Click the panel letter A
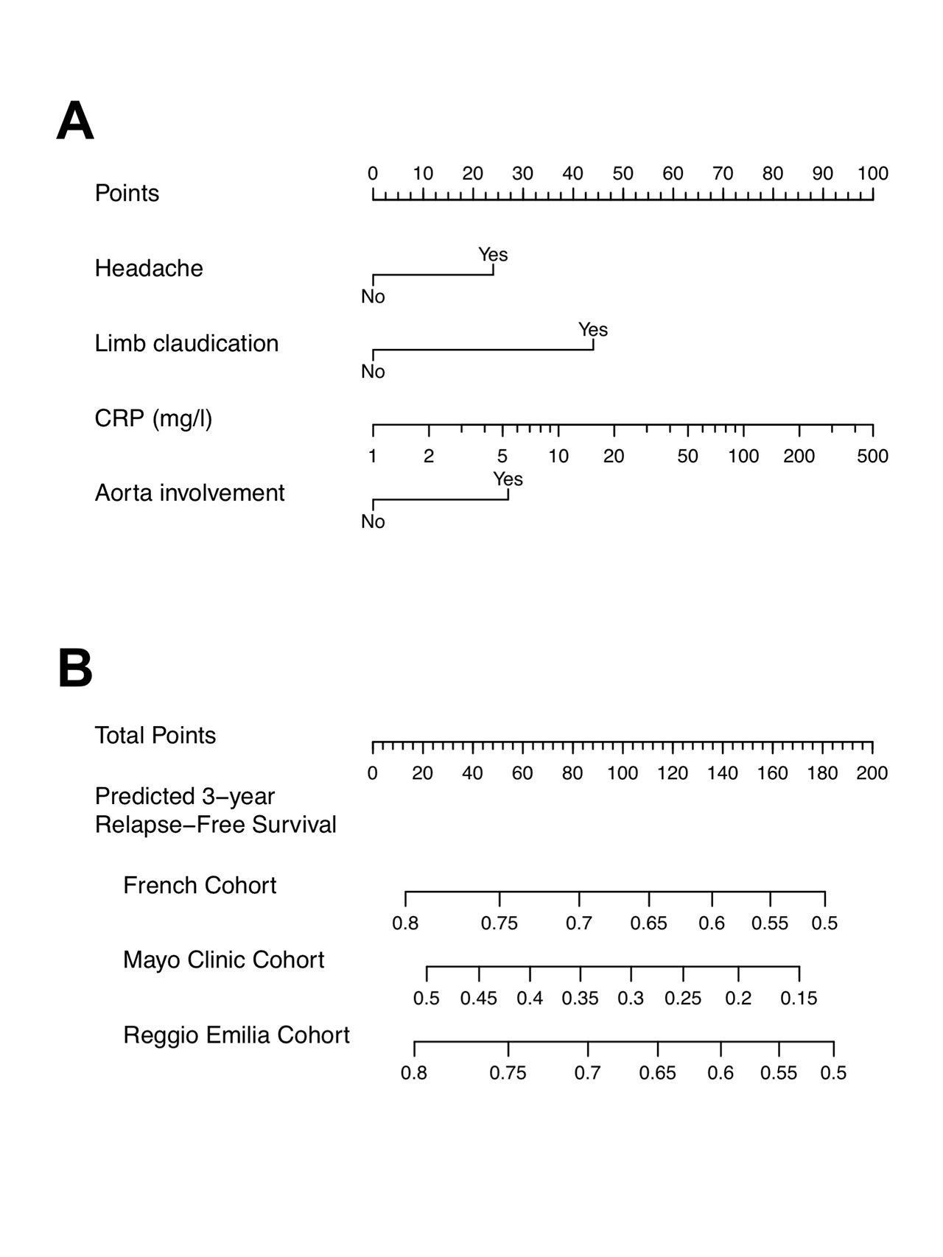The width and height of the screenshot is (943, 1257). coord(75,122)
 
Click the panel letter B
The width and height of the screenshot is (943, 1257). coord(75,669)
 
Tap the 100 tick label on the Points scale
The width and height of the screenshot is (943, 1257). coord(872,174)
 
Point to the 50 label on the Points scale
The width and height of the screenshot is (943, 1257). coord(623,174)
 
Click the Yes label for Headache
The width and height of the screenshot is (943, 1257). coord(493,255)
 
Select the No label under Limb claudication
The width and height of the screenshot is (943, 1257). coord(373,372)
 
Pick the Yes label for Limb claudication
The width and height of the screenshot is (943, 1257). coord(593,330)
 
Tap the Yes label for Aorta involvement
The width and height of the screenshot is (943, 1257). coord(508,479)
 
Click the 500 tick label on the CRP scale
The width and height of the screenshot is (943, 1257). coord(872,457)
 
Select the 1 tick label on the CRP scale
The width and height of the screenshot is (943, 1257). coord(373,457)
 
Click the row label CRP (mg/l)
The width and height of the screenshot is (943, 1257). coord(153,418)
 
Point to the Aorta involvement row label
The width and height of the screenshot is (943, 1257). coord(189,493)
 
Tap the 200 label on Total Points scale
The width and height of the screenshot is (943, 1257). coord(872,773)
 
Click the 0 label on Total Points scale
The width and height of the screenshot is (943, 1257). coord(373,773)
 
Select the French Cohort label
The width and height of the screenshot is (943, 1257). coord(200,885)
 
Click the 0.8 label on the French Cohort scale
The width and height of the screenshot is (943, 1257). coord(405,923)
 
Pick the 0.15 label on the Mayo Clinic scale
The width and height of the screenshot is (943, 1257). coord(799,999)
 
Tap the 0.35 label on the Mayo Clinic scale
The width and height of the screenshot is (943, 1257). coord(580,999)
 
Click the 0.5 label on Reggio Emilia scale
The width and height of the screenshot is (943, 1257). coord(833,1073)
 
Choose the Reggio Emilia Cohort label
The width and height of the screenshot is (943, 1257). coord(236,1035)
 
